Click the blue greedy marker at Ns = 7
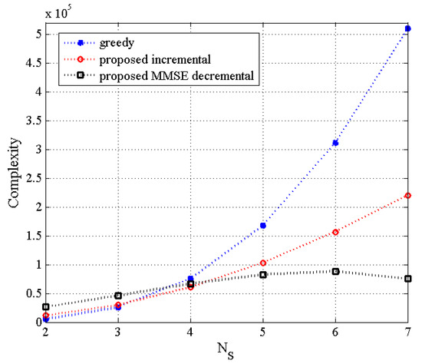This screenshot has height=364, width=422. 407,28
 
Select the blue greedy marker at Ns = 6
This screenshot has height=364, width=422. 335,143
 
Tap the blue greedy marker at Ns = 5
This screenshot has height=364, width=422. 262,225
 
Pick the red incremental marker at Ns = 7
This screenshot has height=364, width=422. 407,195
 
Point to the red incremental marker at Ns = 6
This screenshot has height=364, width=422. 335,232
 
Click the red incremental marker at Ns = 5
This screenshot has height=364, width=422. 262,263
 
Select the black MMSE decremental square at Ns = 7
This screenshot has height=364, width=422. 407,278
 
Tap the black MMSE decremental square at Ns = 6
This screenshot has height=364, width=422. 335,271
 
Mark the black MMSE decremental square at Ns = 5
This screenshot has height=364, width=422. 262,274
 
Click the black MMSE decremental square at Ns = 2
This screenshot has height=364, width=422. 45,306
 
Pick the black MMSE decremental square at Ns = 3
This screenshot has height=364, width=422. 117,296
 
